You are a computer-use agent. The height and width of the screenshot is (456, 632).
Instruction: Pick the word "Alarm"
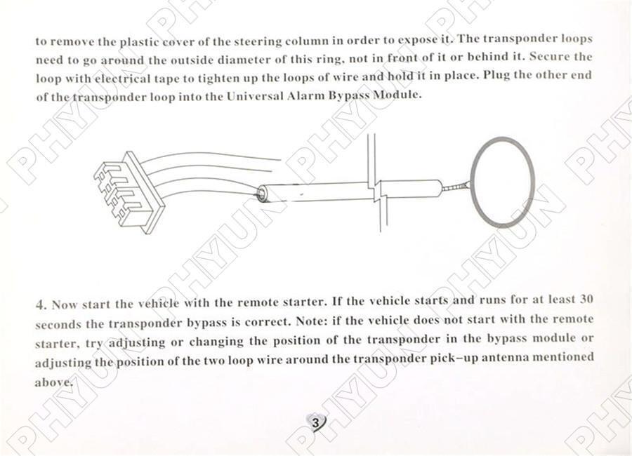(305, 95)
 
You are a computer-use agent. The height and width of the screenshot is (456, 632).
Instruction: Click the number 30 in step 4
(587, 301)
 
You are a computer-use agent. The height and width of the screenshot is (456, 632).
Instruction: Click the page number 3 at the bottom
(315, 422)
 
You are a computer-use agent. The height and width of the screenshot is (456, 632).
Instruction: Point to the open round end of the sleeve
(263, 194)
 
